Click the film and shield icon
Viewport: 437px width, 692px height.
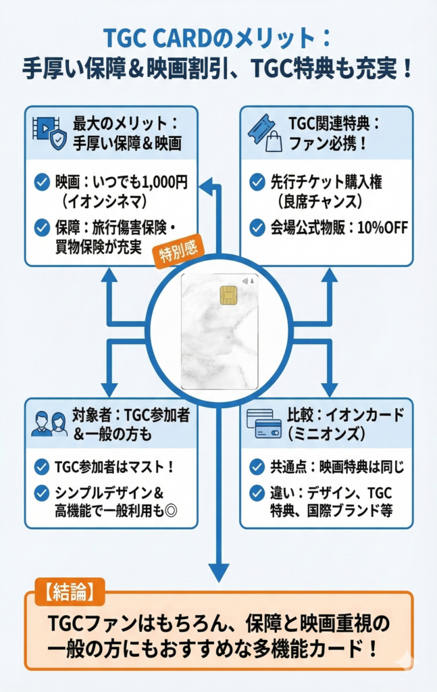49,133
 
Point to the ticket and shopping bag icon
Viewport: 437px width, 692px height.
264,133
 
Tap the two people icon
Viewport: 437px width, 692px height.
49,424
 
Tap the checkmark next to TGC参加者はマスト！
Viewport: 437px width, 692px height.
41,466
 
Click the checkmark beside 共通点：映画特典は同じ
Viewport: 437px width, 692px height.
257,466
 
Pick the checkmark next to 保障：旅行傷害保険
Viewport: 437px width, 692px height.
41,228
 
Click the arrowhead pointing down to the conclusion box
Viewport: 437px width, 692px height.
218,573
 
